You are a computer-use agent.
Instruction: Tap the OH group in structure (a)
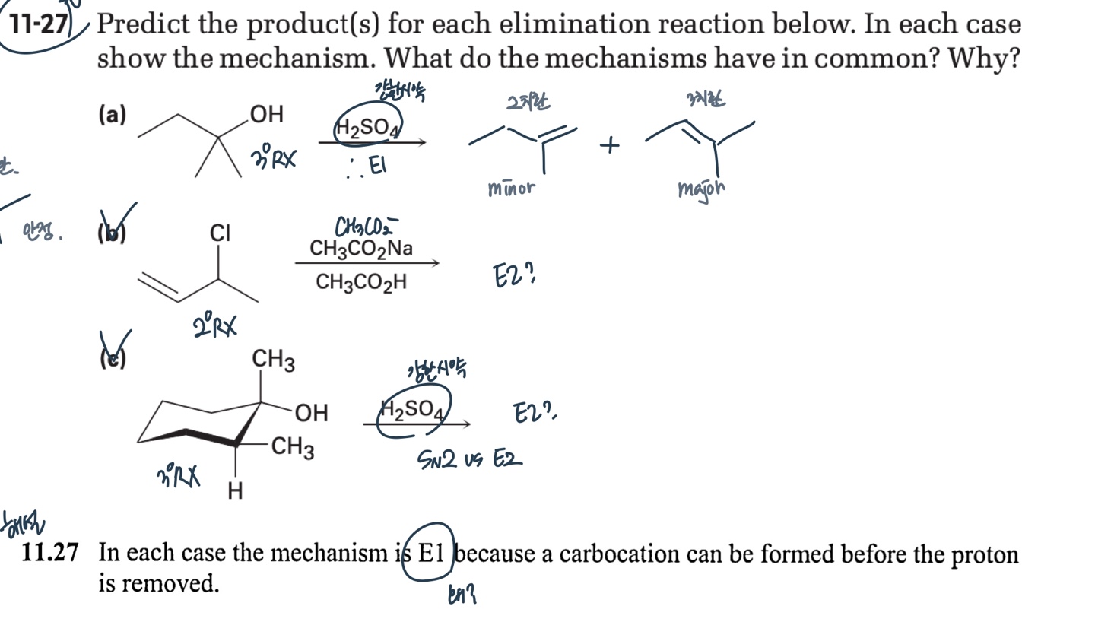point(266,114)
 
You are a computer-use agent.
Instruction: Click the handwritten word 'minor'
point(511,187)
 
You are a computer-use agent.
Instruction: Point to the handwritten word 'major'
point(701,188)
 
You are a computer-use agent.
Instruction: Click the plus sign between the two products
point(609,144)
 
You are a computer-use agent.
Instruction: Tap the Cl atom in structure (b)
point(220,233)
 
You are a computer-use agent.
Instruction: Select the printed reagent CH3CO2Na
point(361,248)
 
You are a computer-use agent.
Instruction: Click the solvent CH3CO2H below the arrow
point(361,282)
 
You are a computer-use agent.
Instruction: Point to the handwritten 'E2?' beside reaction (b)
point(514,275)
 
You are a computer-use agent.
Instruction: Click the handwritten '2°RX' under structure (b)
point(214,327)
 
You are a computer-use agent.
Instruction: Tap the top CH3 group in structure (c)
point(274,360)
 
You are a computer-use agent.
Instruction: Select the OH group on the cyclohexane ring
point(311,413)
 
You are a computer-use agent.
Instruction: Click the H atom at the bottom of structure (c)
point(236,492)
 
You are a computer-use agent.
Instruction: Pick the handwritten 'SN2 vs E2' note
point(470,459)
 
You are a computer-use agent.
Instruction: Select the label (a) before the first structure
point(112,115)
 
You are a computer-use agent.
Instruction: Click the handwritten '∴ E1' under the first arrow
point(367,166)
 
